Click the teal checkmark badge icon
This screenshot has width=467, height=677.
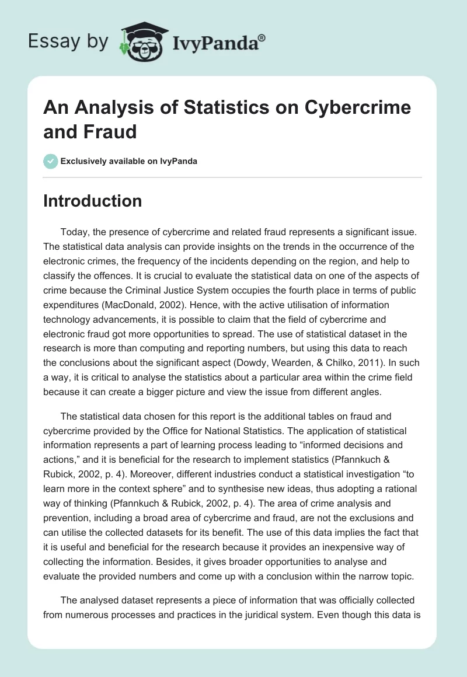51,161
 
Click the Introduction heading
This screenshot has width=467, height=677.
93,201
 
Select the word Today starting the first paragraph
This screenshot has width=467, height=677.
75,232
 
